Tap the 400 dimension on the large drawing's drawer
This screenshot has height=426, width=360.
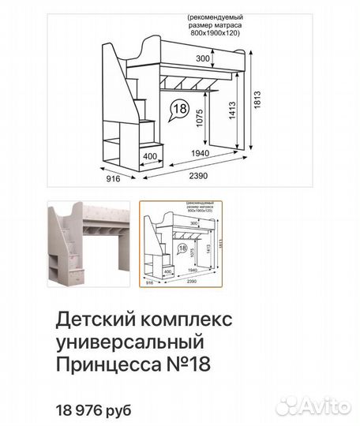coord(150,156)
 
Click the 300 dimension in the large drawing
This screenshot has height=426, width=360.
coord(203,59)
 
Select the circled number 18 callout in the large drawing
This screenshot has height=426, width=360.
coord(179,109)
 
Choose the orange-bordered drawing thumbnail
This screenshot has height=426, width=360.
coord(182,244)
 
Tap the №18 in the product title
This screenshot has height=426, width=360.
coord(192,366)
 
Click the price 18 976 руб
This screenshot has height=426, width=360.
coord(94,409)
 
